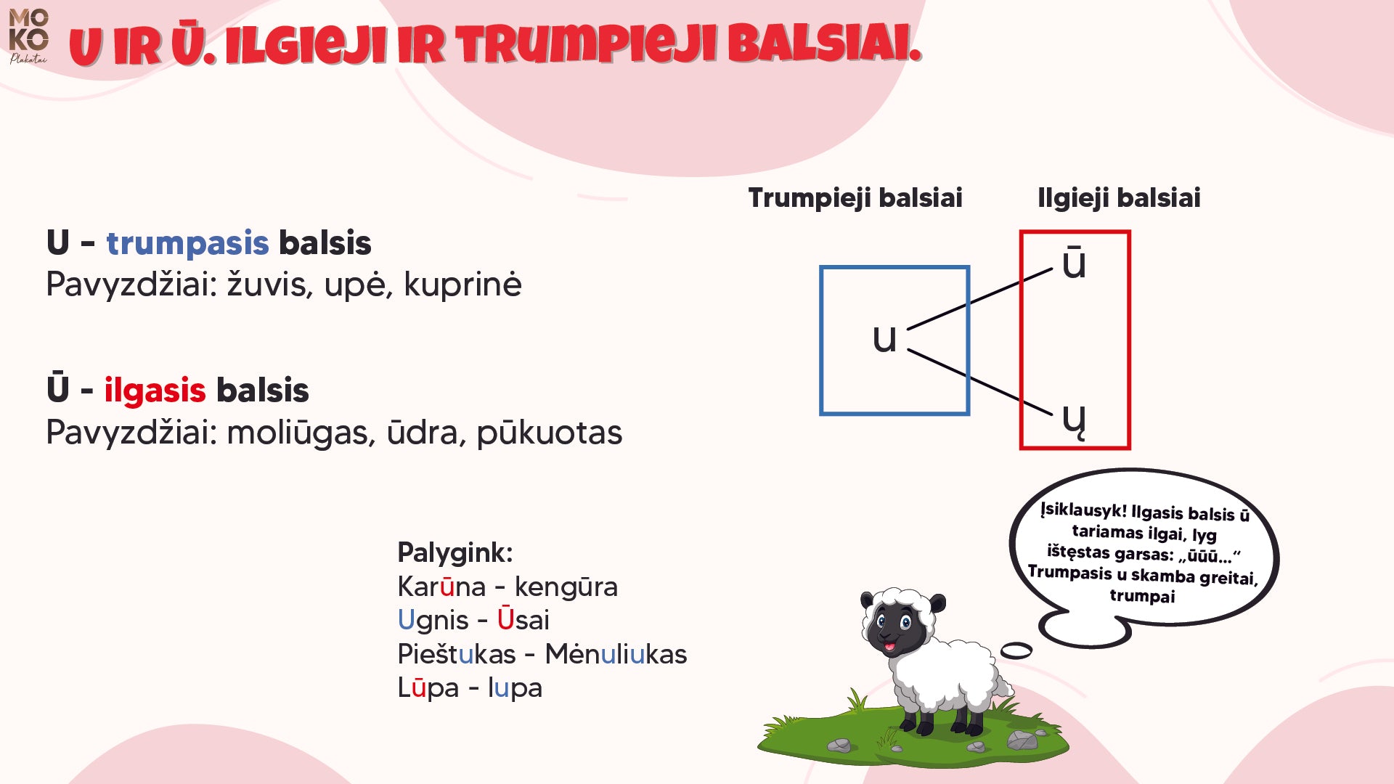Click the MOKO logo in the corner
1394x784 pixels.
(x=28, y=35)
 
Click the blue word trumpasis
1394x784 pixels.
(x=187, y=243)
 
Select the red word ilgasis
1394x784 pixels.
(x=155, y=391)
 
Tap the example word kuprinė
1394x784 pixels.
(x=462, y=285)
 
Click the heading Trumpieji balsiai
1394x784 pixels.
(x=855, y=197)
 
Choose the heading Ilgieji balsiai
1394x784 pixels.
(x=1118, y=197)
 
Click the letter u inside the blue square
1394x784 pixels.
(x=884, y=338)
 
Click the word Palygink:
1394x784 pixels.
(x=455, y=552)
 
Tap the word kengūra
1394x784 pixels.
(x=566, y=587)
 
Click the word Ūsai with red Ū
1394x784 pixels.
(x=523, y=620)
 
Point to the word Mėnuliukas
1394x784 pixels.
(x=615, y=654)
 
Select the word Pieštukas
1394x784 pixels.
(x=456, y=654)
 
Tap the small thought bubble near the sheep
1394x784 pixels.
(x=1016, y=650)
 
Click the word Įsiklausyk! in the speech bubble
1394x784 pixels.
(x=1083, y=510)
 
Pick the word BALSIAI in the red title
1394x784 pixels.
(x=824, y=45)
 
